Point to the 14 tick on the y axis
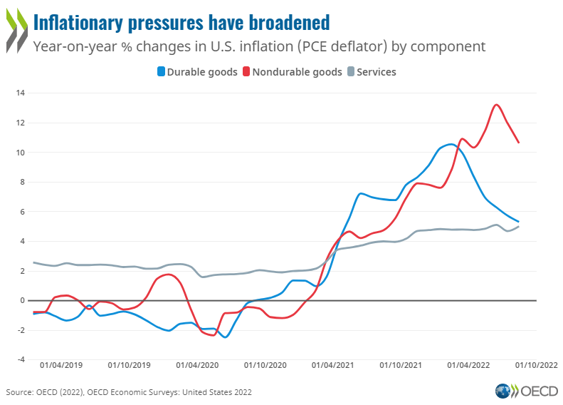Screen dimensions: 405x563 click(x=21, y=93)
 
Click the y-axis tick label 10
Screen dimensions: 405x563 click(x=21, y=153)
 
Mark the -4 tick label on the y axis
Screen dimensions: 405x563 click(x=21, y=359)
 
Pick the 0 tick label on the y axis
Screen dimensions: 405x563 click(x=23, y=300)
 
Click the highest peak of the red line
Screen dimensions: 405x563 click(x=496, y=105)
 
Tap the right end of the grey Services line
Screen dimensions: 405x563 click(x=518, y=226)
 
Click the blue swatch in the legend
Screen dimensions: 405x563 click(x=161, y=72)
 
